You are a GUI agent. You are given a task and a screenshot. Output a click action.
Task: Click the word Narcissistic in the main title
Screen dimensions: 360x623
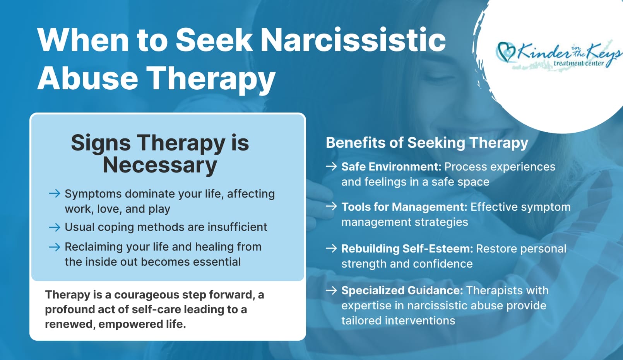(x=353, y=40)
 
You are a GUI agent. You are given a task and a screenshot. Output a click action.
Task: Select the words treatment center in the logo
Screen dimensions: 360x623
(x=578, y=63)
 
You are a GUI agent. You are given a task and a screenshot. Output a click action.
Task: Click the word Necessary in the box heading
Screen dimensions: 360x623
(x=160, y=165)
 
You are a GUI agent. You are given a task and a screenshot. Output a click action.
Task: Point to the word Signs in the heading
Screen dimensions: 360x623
(x=101, y=143)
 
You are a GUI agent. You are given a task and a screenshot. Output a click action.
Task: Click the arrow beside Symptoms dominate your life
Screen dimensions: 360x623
(x=55, y=193)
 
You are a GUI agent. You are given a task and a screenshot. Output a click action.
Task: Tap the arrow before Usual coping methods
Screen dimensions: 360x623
(x=55, y=227)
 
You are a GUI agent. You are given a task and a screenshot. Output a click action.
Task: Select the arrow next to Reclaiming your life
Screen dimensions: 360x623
(x=55, y=247)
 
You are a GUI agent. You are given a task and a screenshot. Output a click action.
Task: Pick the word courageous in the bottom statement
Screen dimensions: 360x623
(x=147, y=295)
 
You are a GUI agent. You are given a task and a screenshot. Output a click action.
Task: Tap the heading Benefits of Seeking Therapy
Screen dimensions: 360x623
(x=427, y=143)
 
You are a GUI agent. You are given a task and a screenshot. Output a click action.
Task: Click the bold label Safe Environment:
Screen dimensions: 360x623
(x=391, y=167)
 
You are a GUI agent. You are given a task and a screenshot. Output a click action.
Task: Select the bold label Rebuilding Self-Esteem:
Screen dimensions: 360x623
(x=407, y=249)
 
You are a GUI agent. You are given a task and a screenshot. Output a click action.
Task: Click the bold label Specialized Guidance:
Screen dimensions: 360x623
(x=402, y=290)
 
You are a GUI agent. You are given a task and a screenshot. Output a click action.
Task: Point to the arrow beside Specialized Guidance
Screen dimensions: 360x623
(x=331, y=290)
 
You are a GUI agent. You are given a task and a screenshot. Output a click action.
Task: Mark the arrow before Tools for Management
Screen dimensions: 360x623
(x=331, y=206)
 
